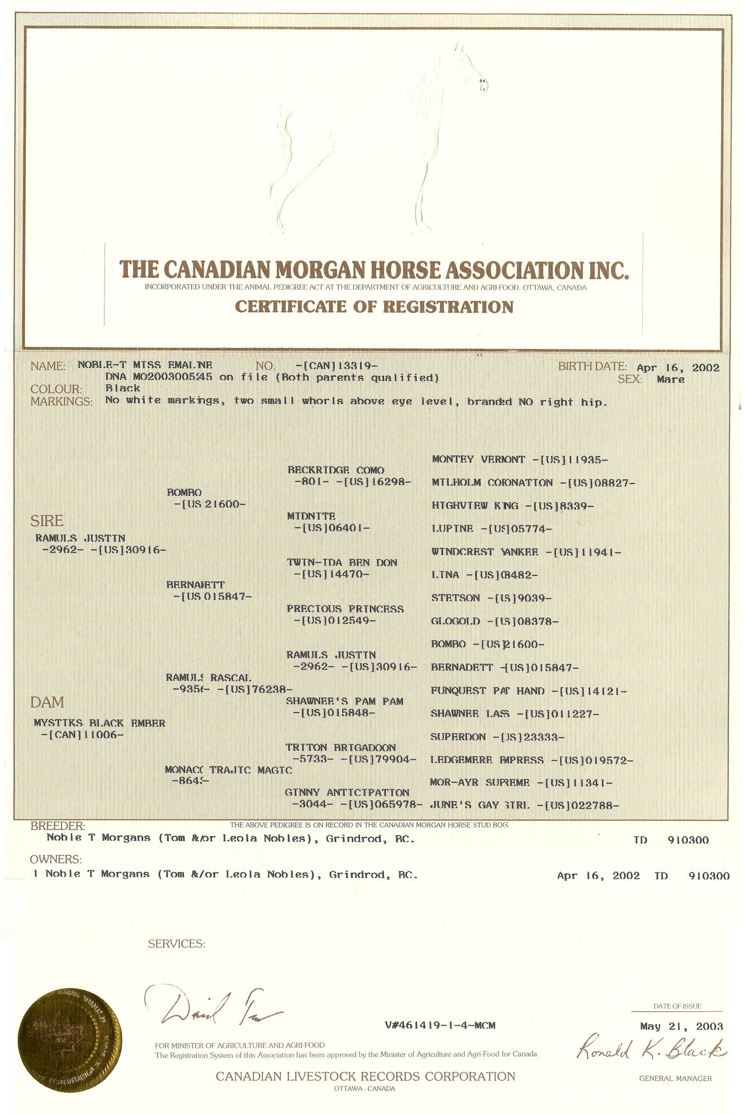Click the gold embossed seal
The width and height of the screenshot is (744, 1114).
click(x=69, y=1029)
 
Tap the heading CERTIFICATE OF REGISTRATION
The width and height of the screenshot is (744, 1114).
click(x=374, y=307)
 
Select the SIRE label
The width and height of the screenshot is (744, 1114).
click(x=47, y=521)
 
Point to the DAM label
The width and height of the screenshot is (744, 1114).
click(x=47, y=702)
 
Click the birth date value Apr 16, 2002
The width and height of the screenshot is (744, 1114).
click(x=678, y=368)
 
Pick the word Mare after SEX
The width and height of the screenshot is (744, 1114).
click(x=670, y=380)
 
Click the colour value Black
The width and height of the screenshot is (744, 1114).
click(x=123, y=389)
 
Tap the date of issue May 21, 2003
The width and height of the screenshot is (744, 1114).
click(x=681, y=1026)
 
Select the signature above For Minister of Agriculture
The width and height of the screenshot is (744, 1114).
click(x=213, y=1010)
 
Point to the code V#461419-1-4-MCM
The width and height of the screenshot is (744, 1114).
click(x=439, y=1025)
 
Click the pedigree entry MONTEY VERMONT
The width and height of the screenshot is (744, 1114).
click(x=478, y=459)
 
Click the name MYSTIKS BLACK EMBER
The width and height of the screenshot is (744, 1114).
click(x=99, y=723)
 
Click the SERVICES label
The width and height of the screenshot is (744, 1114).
click(x=176, y=944)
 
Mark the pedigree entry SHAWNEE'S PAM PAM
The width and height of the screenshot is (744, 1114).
click(x=344, y=701)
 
